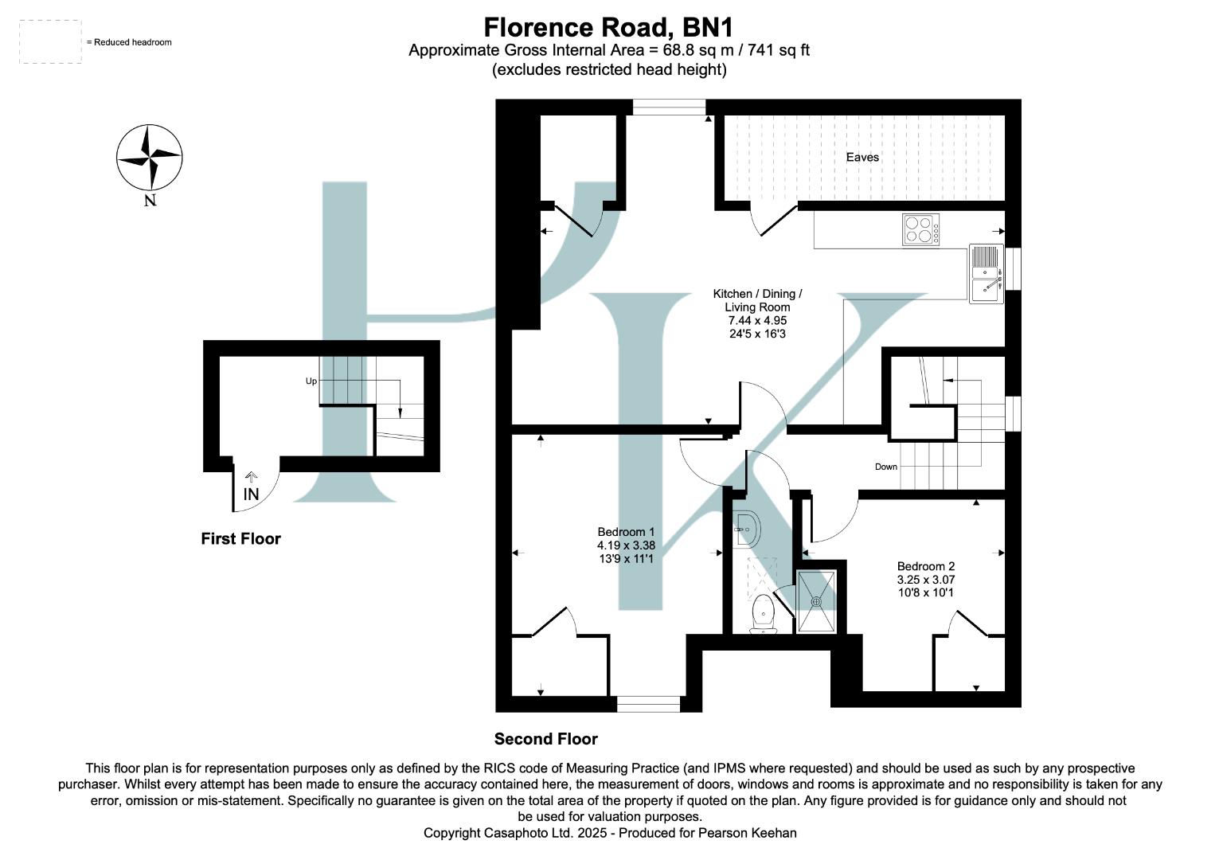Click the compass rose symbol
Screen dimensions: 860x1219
point(150,158)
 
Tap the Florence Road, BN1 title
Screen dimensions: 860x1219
point(608,28)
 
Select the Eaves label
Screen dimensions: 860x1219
point(862,158)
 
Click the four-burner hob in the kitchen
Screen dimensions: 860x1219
point(920,230)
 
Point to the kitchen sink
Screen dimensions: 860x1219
point(986,273)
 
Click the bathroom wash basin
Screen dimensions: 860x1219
point(746,528)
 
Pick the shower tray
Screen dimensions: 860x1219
point(816,601)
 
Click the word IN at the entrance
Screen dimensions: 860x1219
point(251,494)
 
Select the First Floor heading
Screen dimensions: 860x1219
point(240,539)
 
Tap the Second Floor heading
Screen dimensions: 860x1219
point(545,739)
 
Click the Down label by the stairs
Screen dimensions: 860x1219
point(886,467)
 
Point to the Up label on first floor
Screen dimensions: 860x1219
point(311,381)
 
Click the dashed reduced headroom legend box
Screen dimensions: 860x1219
point(50,42)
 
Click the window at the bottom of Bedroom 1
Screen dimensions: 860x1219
point(649,704)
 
